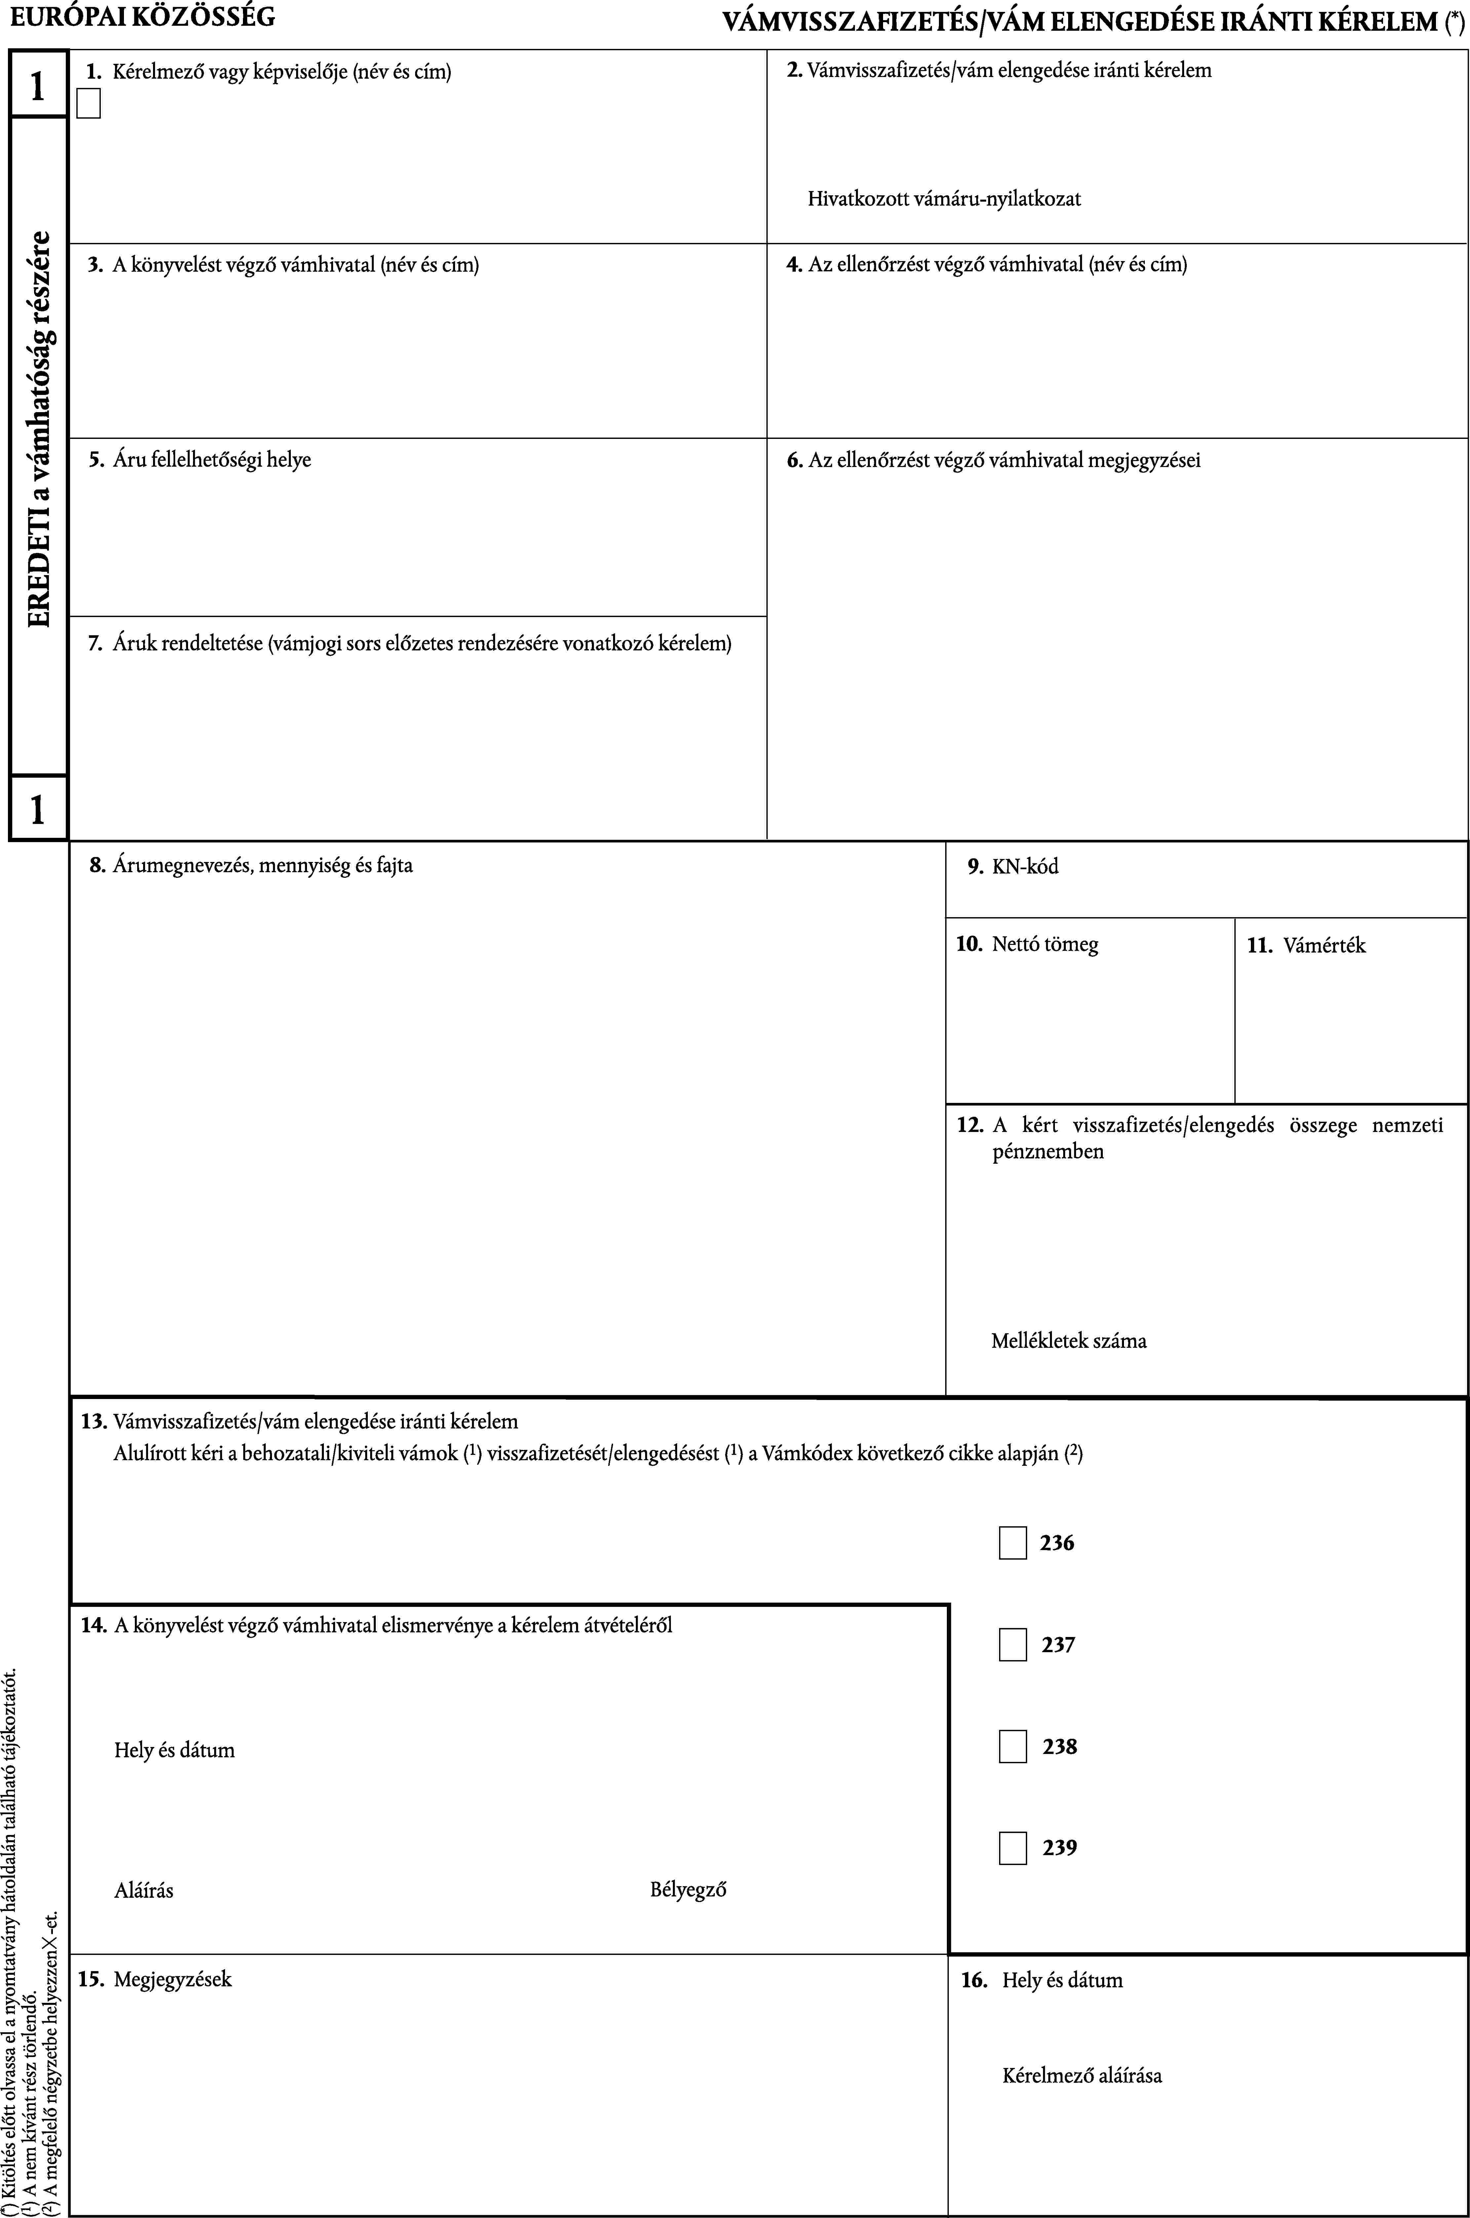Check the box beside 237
coord(1013,1645)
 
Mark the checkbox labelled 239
coord(1013,1848)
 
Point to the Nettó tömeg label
coord(1044,944)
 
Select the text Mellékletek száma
coord(1069,1341)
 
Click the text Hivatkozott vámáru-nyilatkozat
coord(944,199)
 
